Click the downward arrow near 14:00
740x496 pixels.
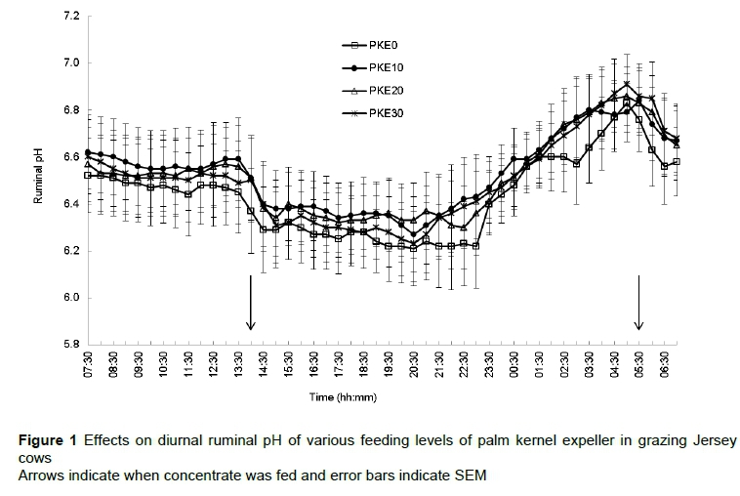click(251, 304)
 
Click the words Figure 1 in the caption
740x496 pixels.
click(49, 441)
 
